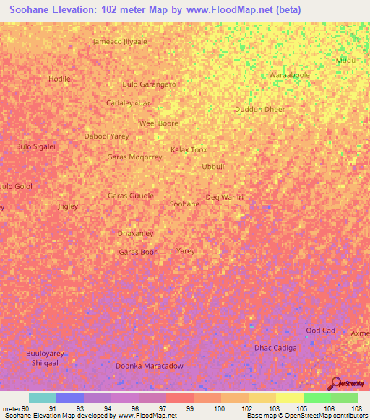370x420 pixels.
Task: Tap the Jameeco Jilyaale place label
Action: [x=120, y=42]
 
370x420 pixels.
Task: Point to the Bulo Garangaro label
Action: [x=150, y=84]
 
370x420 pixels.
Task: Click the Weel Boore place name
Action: [x=158, y=123]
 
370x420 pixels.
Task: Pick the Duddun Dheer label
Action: [x=259, y=110]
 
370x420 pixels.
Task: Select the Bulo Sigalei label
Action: [x=35, y=146]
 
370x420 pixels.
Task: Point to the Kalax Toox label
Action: [x=188, y=150]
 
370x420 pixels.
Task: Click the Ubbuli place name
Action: [x=213, y=166]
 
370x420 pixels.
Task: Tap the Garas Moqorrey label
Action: [x=134, y=157]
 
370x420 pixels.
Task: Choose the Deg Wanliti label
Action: [x=225, y=197]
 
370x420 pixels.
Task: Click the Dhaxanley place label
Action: [x=135, y=233]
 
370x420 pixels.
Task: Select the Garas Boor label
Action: [x=137, y=252]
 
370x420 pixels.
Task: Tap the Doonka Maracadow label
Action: [x=150, y=366]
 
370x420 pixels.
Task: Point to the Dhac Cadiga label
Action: [x=275, y=348]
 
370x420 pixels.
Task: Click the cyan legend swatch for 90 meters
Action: [x=42, y=398]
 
